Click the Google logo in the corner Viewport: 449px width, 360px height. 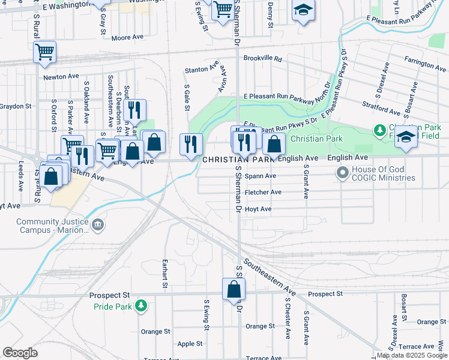[x=20, y=353]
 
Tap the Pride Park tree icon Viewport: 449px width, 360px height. [x=141, y=306]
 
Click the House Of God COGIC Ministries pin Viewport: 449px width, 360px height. [x=343, y=173]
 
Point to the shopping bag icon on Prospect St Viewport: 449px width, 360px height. [x=233, y=290]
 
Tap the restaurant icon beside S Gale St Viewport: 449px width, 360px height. [x=191, y=144]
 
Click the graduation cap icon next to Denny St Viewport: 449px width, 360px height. [x=304, y=11]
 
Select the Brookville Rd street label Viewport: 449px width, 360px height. [x=262, y=59]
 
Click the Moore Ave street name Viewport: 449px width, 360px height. [x=127, y=37]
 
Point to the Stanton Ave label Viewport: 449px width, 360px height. [x=200, y=70]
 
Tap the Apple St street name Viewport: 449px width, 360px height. [x=190, y=344]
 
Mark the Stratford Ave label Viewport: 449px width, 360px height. [x=381, y=112]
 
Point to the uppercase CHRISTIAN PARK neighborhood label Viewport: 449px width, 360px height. [x=234, y=160]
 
